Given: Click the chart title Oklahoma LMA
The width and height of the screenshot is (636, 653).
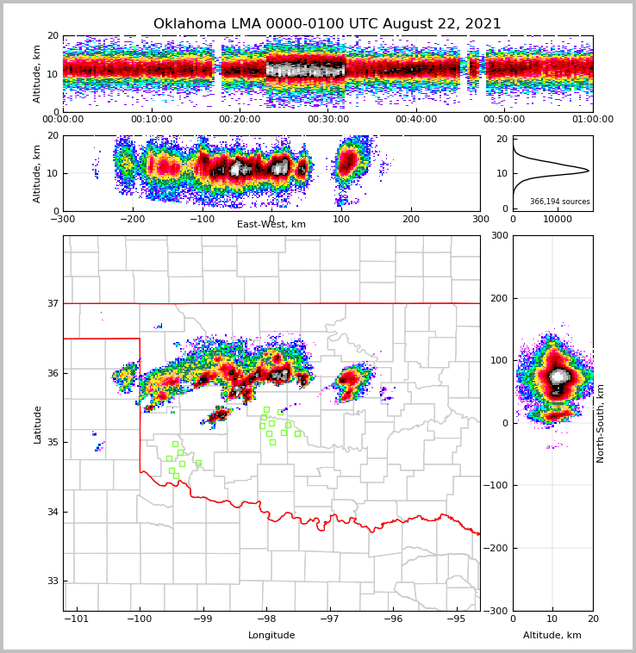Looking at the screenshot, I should [327, 24].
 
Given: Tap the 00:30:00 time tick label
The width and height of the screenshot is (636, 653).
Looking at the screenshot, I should [327, 120].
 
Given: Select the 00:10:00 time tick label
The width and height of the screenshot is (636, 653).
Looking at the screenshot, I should [151, 120].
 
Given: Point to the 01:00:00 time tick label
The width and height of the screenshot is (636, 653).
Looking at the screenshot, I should [592, 120].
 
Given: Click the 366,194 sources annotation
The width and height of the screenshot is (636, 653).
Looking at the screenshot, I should [560, 202].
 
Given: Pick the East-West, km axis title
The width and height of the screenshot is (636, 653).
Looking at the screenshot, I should [271, 225].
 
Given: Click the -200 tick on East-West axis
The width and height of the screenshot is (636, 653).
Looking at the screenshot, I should [132, 219].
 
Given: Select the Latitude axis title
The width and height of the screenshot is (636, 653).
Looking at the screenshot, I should [38, 424].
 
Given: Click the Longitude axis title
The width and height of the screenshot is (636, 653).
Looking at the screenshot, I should [271, 636].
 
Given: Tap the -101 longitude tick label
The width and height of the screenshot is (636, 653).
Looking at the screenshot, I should [77, 619].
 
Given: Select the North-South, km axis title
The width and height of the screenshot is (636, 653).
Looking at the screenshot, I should [601, 423].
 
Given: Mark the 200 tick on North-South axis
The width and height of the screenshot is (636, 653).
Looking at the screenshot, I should [499, 298].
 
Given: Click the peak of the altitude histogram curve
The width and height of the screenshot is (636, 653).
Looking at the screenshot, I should [589, 171].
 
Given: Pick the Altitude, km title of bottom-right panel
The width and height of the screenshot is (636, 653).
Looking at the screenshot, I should [552, 636].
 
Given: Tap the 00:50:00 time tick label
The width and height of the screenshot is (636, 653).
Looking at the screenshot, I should [504, 120].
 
